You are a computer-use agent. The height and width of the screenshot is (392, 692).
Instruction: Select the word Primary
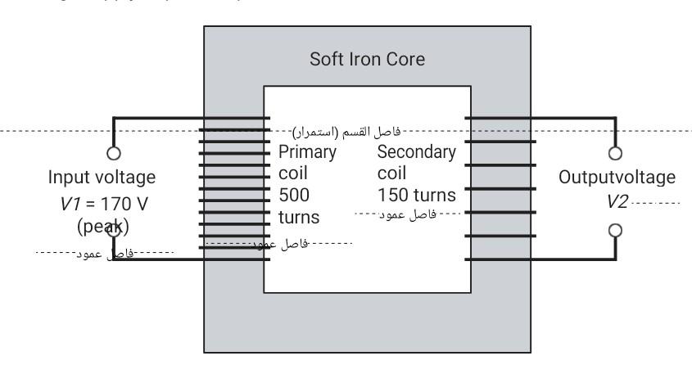307,152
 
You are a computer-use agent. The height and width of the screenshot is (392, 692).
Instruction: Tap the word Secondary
416,152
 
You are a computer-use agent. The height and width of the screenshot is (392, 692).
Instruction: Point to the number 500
293,196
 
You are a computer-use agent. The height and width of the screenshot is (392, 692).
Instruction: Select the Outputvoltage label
617,178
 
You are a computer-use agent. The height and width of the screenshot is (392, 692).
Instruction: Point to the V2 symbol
617,201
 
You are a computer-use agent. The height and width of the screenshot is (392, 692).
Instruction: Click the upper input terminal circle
114,152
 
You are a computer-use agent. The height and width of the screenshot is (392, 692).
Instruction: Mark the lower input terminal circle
115,232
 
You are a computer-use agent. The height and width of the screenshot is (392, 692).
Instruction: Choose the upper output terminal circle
617,152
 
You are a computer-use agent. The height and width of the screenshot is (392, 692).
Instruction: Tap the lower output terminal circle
617,232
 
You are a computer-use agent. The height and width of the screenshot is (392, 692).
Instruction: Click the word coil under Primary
292,173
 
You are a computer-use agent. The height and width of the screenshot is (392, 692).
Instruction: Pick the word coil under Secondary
391,173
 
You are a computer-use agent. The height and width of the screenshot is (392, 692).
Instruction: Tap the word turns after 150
433,196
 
